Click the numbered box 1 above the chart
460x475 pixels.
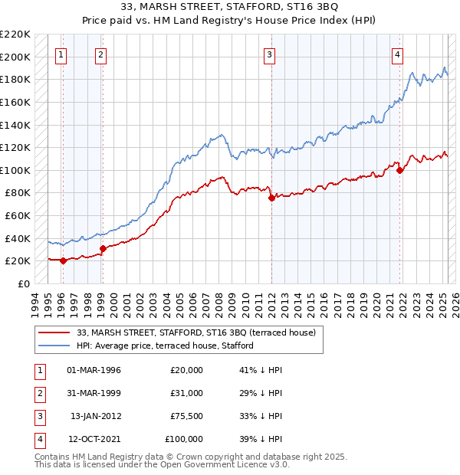tap(61, 54)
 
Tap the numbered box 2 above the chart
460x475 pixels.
tap(101, 54)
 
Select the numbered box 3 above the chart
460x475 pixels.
tap(270, 54)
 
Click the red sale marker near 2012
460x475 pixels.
tap(271, 198)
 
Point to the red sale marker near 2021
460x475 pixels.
tap(399, 170)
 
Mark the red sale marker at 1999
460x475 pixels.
tap(103, 248)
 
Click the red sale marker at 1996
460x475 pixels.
tap(63, 260)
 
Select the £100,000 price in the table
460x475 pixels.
tap(184, 440)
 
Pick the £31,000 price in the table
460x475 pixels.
tap(186, 394)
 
